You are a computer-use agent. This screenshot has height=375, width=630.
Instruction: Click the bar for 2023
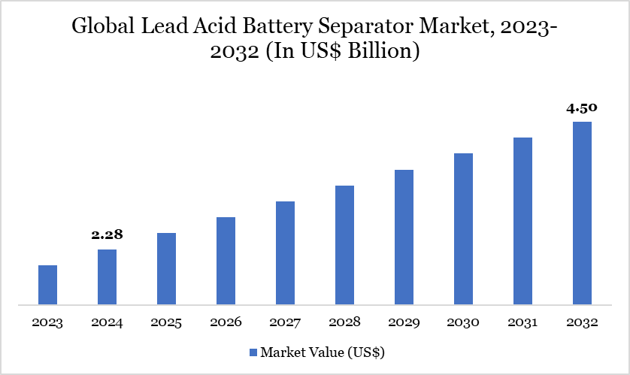pos(47,286)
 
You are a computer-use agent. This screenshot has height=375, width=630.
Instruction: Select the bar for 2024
pos(107,277)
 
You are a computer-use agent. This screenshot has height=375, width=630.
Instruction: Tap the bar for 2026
pos(226,262)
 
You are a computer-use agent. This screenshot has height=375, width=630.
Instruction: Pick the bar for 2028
pos(344,245)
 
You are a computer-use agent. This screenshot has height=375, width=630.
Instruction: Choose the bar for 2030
pos(463,229)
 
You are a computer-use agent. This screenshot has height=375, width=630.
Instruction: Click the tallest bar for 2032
pos(582,213)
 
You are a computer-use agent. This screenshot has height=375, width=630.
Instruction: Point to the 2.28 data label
pos(107,235)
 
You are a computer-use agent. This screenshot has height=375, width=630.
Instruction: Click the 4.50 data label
pos(582,108)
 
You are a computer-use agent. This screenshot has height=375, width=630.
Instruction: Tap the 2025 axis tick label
pos(166,323)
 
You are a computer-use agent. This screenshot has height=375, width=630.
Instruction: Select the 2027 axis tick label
pos(285,323)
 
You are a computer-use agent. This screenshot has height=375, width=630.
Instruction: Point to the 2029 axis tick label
pos(404,323)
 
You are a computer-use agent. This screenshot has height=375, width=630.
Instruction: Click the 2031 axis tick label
pos(522,323)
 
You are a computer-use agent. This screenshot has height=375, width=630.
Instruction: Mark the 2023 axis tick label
pos(47,323)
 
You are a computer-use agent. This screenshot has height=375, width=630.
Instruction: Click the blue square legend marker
pos(253,352)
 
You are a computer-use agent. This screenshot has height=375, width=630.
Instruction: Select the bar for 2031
pos(522,221)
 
